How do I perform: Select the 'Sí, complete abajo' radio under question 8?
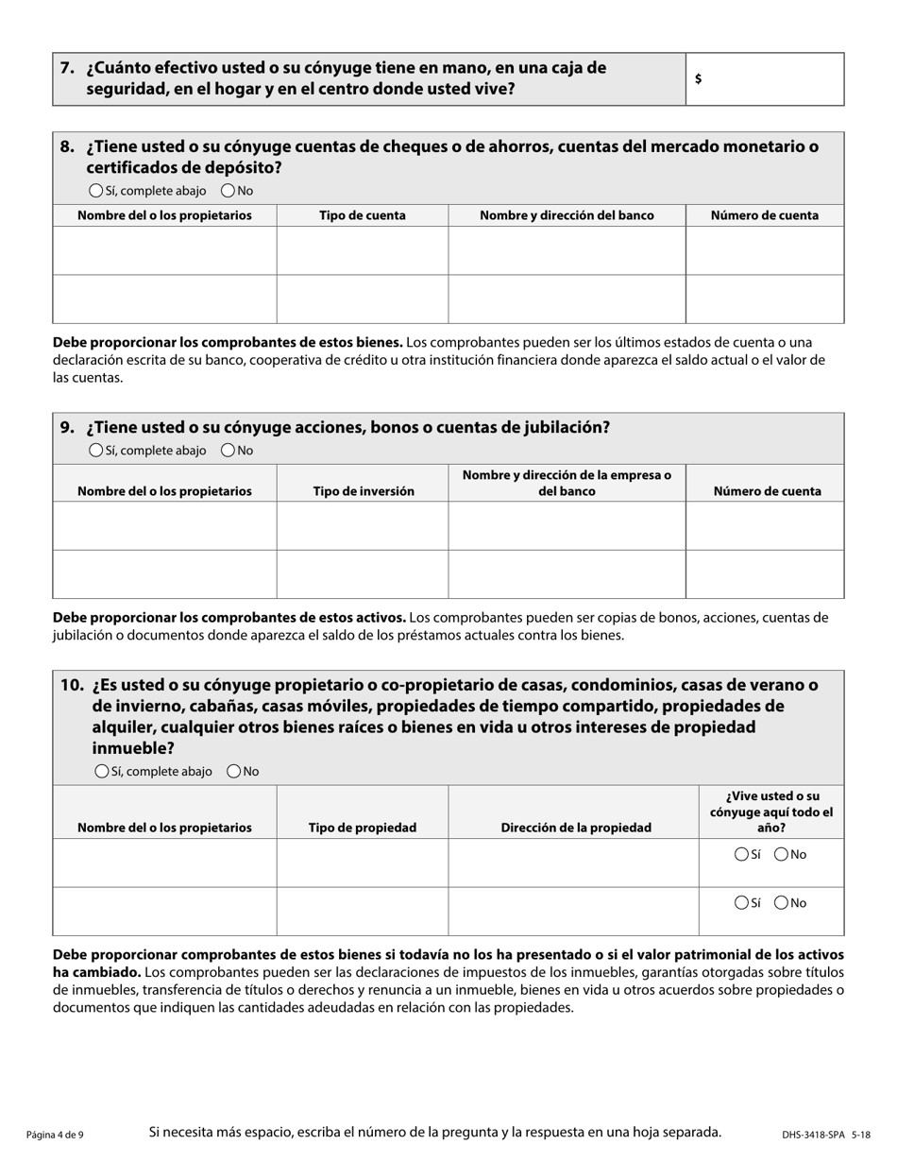coord(95,191)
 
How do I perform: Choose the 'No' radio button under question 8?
coord(228,191)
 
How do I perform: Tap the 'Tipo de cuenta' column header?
coord(363,215)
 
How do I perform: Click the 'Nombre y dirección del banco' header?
coord(567,215)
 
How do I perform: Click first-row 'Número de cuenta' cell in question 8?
coord(764,251)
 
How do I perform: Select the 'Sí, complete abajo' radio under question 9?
coord(95,451)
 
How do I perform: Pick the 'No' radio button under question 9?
coord(228,451)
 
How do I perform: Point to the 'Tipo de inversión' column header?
coord(364,491)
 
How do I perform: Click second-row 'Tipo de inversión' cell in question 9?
coord(363,574)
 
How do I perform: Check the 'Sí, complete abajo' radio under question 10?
coord(102,772)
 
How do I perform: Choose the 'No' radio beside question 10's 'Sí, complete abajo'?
coord(233,772)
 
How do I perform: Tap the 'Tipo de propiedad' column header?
coord(363,828)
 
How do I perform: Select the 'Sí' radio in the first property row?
coord(741,855)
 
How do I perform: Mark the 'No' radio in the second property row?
coord(781,903)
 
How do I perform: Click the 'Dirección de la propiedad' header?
coord(576,828)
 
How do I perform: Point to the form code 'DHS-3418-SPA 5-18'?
coord(825,1135)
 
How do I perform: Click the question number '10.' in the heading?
coord(73,685)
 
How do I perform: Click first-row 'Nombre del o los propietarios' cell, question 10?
coord(164,863)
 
